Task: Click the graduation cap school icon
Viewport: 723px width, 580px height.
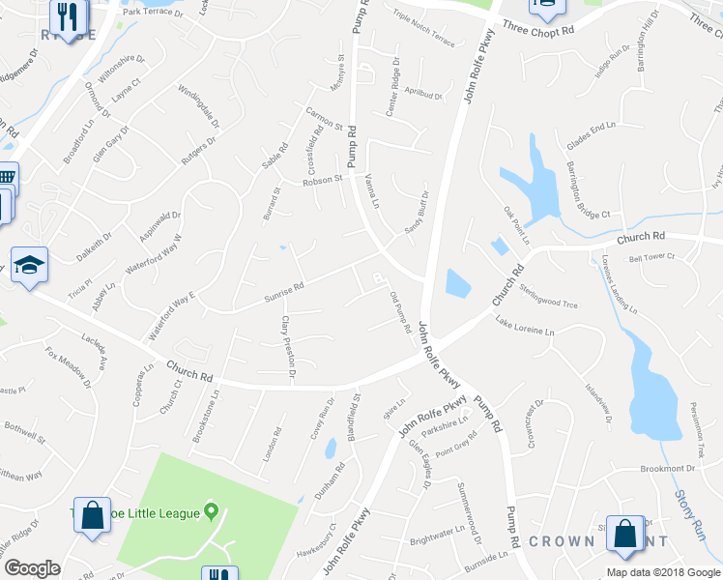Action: click(31, 267)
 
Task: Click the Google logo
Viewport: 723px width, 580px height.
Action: click(33, 568)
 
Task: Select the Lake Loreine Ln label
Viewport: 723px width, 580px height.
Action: click(525, 326)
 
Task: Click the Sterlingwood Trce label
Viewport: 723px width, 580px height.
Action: click(548, 297)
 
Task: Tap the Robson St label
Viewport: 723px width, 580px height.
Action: click(322, 180)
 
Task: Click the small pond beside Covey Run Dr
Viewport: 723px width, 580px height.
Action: click(331, 449)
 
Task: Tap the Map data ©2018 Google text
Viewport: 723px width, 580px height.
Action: click(663, 572)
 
